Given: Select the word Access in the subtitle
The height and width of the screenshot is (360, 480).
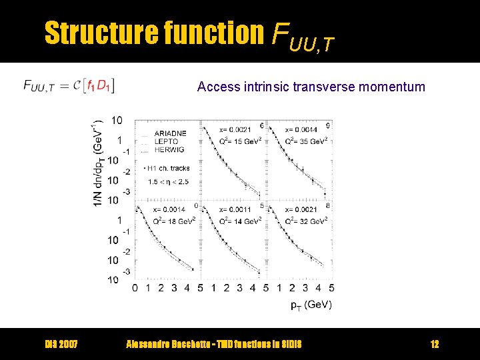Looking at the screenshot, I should coord(215,86).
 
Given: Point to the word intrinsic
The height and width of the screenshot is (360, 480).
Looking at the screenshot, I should coord(261,86).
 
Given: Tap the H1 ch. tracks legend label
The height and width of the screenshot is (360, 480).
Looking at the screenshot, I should coord(169,168).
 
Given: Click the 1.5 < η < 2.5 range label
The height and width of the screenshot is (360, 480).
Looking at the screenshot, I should coord(167,181).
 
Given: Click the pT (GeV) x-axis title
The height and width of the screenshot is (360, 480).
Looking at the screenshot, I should coord(311,305).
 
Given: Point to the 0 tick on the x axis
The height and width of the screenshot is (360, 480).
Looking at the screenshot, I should coord(135,288).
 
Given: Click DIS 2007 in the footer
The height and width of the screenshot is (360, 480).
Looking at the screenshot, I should coord(61,344).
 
